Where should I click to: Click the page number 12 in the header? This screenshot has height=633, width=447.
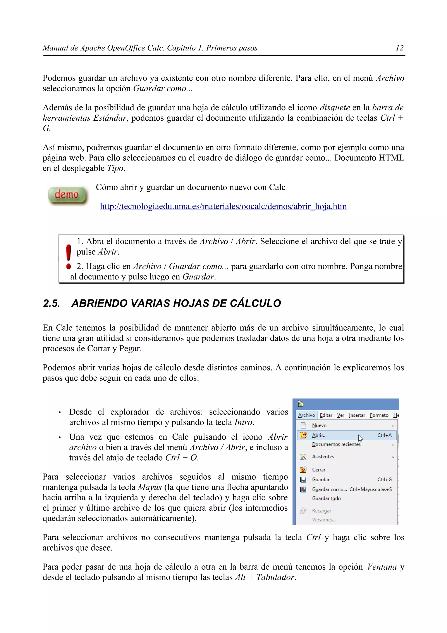click(x=399, y=48)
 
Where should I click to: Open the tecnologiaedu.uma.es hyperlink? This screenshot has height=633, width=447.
click(x=223, y=206)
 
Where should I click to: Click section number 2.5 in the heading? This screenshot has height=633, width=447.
click(x=52, y=303)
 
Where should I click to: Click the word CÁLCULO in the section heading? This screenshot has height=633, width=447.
click(x=255, y=303)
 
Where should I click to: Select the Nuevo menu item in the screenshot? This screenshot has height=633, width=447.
click(x=319, y=425)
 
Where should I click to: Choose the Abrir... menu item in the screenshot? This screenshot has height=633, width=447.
click(x=319, y=435)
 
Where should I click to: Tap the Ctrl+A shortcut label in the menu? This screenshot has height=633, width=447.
click(x=384, y=435)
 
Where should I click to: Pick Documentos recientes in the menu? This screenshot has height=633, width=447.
click(x=336, y=444)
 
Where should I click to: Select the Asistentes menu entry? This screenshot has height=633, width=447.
click(x=323, y=457)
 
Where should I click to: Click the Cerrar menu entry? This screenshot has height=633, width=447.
click(x=319, y=470)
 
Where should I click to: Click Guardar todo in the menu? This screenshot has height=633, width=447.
click(x=326, y=498)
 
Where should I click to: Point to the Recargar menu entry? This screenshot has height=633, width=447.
click(x=321, y=511)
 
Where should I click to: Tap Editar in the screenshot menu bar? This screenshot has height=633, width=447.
click(x=326, y=415)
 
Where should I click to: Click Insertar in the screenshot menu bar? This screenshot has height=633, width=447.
click(x=357, y=415)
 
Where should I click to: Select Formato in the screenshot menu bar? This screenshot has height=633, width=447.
click(x=379, y=415)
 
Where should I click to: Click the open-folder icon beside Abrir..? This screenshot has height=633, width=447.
click(x=303, y=435)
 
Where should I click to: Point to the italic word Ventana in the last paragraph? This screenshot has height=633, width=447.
click(x=382, y=567)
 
